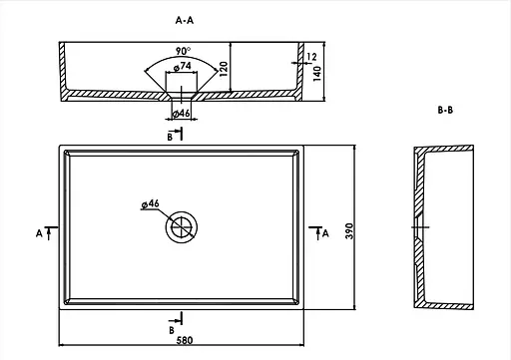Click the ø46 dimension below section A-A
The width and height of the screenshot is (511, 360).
point(182,113)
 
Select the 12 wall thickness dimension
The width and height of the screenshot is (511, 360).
point(312,57)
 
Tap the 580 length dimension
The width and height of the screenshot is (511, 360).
point(182,342)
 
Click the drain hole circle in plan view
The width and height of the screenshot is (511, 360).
point(181,226)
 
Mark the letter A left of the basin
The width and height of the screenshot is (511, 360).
point(38,233)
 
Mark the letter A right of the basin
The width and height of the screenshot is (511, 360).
point(324,233)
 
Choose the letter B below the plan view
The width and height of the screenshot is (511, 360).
point(171,328)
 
